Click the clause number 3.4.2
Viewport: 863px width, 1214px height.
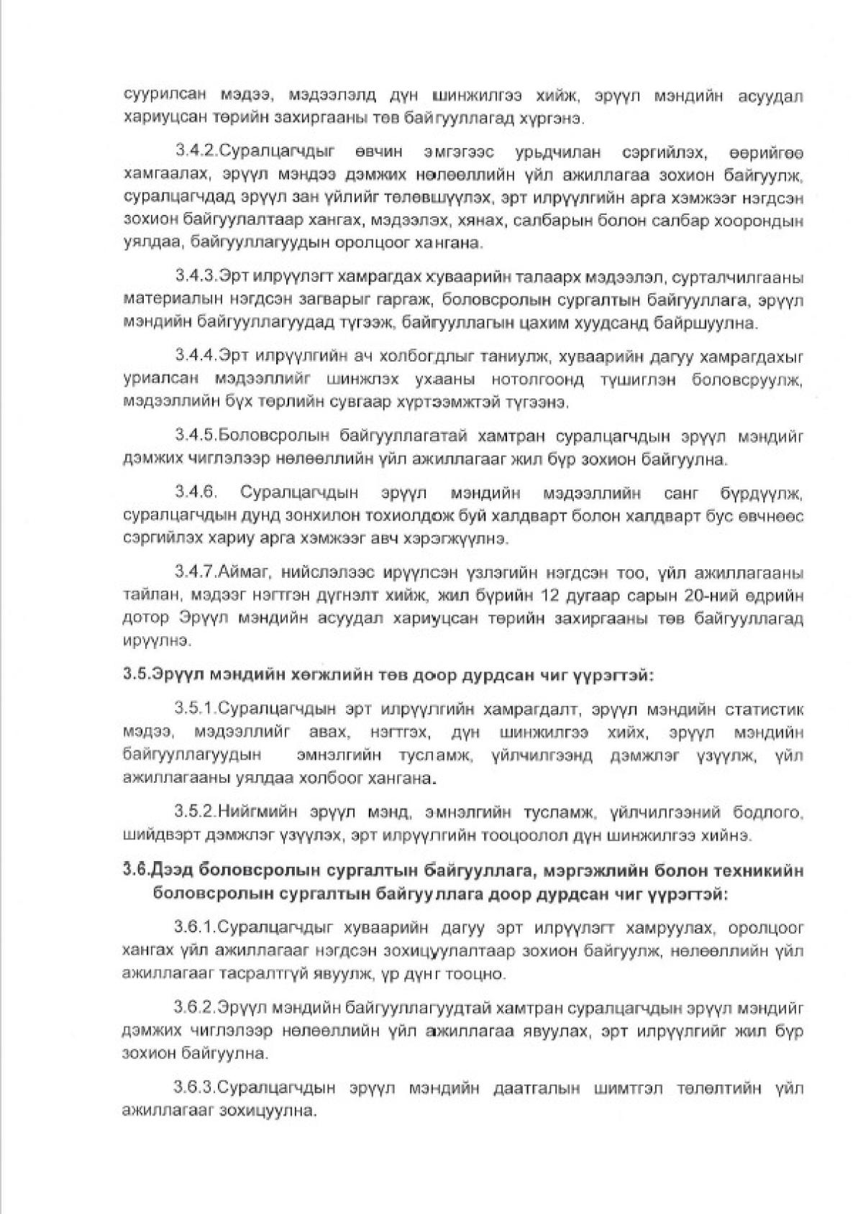pyautogui.click(x=195, y=152)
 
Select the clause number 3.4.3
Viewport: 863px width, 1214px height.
pyautogui.click(x=195, y=277)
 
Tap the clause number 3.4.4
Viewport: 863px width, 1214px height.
pyautogui.click(x=195, y=356)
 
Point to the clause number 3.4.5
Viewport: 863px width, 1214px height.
pyautogui.click(x=195, y=435)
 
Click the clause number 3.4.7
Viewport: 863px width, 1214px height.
pyautogui.click(x=195, y=572)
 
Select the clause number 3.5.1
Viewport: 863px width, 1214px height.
pyautogui.click(x=195, y=710)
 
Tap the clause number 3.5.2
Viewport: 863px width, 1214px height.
pyautogui.click(x=195, y=812)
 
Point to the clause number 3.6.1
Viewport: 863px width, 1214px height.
pyautogui.click(x=195, y=929)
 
